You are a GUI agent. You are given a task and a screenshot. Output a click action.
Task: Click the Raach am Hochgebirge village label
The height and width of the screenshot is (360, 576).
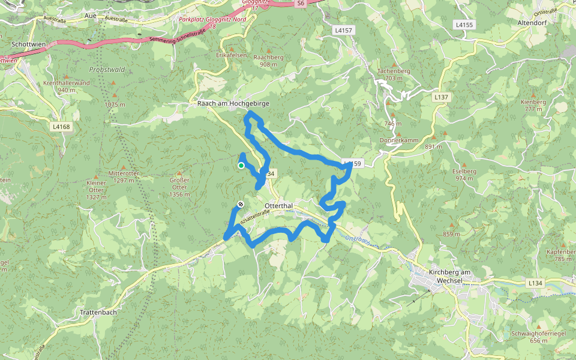(x=234, y=104)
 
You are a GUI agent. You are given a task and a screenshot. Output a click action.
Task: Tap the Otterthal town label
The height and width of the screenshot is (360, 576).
(x=278, y=206)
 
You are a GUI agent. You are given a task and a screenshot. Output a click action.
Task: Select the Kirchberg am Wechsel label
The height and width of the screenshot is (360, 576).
(x=452, y=276)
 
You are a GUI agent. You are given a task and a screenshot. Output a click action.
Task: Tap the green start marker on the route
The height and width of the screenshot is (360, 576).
(x=241, y=166)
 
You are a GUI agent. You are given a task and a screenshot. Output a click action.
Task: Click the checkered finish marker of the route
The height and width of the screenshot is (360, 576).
(x=241, y=204)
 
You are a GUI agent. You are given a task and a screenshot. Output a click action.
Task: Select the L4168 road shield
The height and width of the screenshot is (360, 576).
(x=61, y=127)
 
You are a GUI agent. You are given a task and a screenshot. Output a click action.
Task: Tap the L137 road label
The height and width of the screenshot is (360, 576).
(x=441, y=97)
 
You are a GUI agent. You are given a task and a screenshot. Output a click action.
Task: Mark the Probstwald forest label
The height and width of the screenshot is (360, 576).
(x=107, y=70)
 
